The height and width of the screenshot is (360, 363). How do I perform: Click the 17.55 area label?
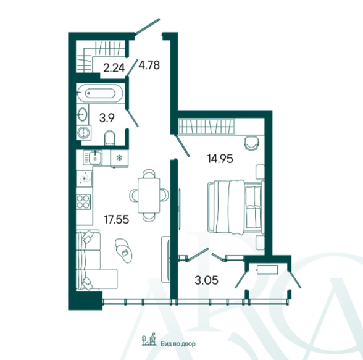117,219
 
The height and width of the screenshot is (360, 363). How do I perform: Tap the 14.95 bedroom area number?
220,159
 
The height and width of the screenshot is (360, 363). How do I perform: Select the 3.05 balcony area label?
206,280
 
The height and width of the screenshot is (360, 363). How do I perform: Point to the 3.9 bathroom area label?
107,118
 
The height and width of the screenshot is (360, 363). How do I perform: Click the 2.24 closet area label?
114,68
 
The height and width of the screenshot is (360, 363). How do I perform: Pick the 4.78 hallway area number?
149,65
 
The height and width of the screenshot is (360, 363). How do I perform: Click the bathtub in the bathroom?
100,93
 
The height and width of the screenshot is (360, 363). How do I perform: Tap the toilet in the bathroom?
110,138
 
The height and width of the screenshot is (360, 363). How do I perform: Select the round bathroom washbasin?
82,114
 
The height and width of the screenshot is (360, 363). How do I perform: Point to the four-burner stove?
83,202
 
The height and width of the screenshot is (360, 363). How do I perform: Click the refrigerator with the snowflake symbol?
119,158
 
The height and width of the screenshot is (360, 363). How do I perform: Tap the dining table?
149,195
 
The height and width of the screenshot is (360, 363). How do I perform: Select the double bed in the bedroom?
236,206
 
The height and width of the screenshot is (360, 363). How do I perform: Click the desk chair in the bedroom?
251,143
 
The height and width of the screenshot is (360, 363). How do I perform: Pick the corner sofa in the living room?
93,260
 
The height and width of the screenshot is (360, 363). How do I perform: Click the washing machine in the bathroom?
83,133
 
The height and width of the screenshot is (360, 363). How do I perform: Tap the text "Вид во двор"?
178,344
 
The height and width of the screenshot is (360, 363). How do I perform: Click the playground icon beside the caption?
149,340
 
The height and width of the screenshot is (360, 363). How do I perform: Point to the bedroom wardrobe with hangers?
206,127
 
